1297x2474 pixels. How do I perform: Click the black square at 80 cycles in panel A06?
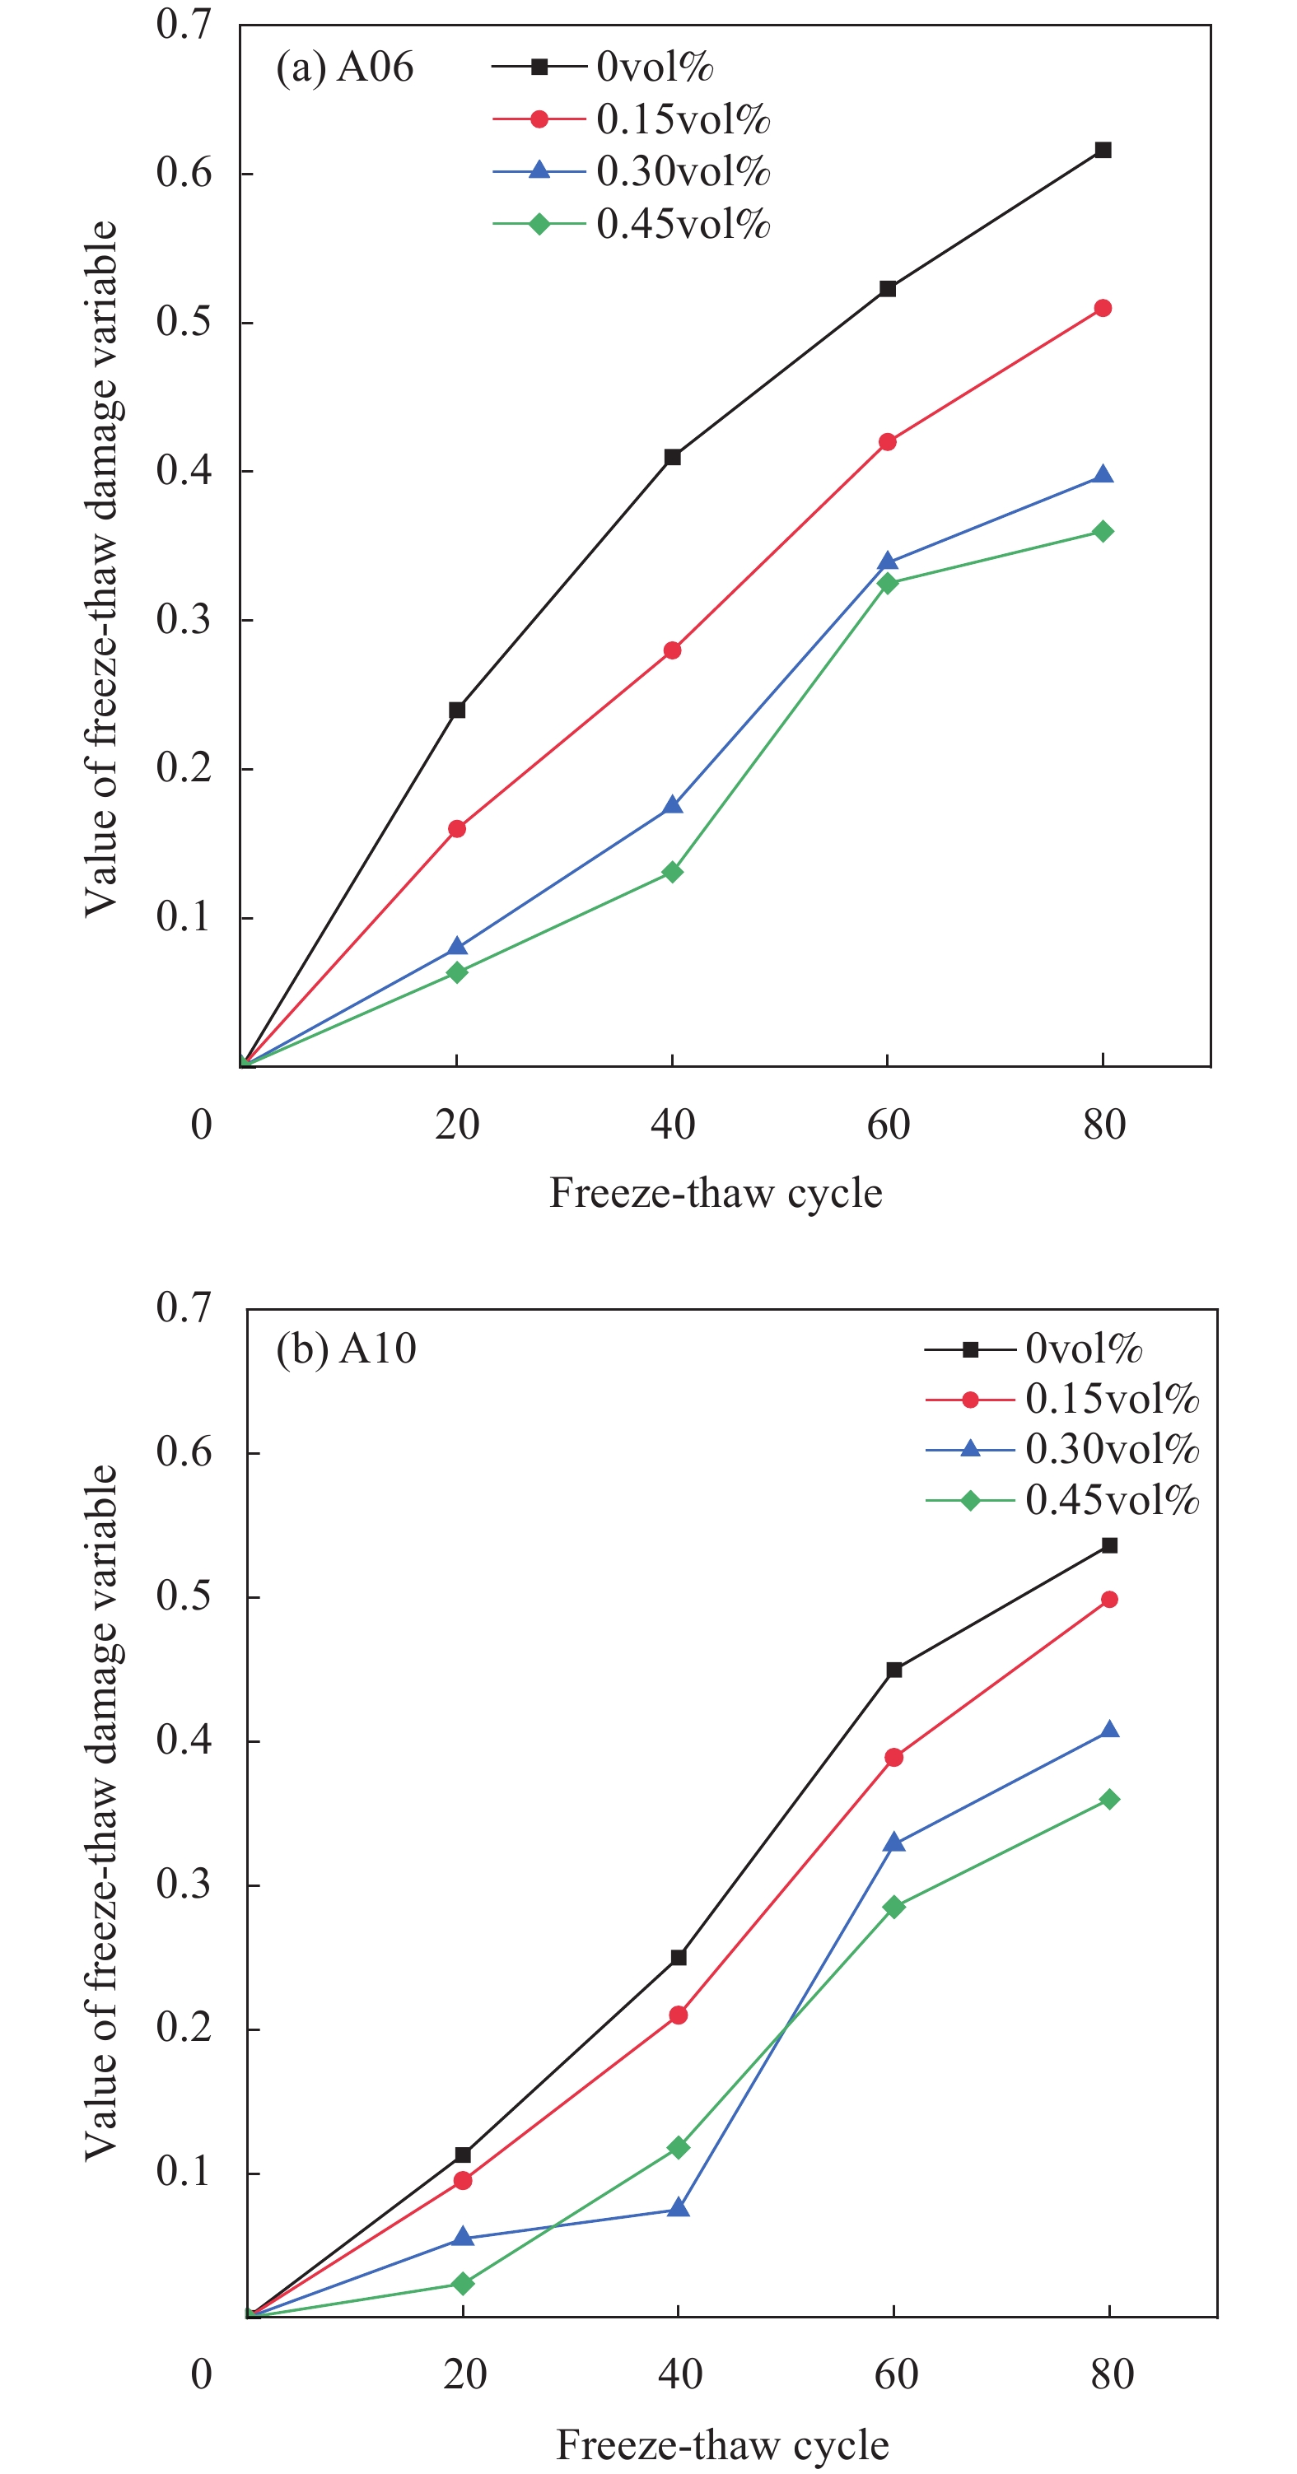click(x=1103, y=150)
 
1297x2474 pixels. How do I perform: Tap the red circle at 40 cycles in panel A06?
click(x=673, y=650)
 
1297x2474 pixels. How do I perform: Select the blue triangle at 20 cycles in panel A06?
click(x=457, y=947)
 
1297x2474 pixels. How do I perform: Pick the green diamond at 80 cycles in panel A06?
click(x=1103, y=531)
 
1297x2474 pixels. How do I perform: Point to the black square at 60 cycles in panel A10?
click(x=893, y=1669)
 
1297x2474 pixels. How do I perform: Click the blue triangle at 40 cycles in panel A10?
click(x=679, y=2208)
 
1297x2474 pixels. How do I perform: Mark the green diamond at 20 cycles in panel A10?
click(x=463, y=2283)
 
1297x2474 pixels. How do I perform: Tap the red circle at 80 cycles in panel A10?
click(x=1110, y=1599)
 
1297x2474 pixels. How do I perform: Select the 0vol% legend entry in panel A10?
click(x=1083, y=1349)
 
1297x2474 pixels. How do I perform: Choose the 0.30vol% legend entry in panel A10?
click(x=1112, y=1448)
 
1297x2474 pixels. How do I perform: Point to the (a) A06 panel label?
click(x=344, y=68)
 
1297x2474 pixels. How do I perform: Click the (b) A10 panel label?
click(x=346, y=1349)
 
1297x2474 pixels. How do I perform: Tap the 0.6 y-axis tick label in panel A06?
click(x=184, y=173)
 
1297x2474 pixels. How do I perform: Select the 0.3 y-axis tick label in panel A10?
click(x=184, y=1885)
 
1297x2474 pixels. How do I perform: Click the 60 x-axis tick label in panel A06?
click(x=888, y=1124)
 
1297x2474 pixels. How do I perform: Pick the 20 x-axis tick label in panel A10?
click(x=465, y=2374)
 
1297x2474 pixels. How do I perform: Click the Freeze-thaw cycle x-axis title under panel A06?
click(x=716, y=1193)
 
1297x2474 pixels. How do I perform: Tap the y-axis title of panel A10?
click(x=100, y=1813)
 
